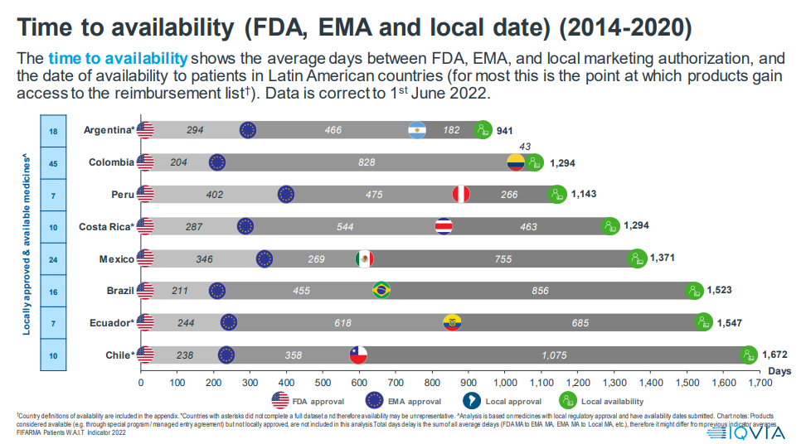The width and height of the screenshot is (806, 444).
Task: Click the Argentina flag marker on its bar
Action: (417, 130)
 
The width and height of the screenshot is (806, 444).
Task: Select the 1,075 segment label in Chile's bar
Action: (555, 355)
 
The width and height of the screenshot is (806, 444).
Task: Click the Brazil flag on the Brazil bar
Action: (381, 291)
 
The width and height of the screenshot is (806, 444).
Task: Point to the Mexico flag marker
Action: (363, 259)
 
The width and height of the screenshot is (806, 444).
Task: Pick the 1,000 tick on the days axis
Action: (505, 383)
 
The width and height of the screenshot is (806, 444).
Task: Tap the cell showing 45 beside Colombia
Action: (53, 163)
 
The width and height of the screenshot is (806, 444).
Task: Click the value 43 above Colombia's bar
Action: (525, 147)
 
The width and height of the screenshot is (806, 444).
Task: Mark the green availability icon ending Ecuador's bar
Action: (703, 322)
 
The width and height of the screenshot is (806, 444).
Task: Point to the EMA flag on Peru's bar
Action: (286, 195)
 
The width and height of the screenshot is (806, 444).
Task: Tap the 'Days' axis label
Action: (779, 371)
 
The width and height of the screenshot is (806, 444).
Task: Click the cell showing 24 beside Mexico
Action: (53, 259)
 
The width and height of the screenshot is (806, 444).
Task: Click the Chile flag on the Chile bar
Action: (357, 355)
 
